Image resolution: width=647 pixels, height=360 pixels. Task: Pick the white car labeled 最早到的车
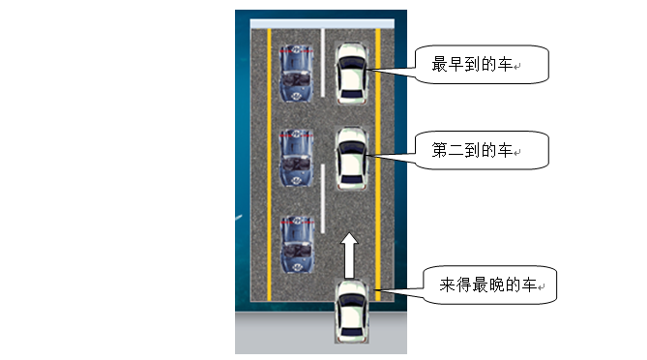point(350,73)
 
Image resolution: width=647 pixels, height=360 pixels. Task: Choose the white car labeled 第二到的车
point(350,159)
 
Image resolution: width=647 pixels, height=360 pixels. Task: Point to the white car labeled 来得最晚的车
point(350,310)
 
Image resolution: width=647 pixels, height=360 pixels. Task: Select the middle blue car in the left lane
point(296,156)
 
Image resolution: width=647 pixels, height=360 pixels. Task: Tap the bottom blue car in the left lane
point(296,243)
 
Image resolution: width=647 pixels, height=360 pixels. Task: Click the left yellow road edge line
point(268,165)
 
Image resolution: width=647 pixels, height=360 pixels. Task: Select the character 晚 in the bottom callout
point(500,285)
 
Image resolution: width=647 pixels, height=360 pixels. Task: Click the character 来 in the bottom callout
point(447,285)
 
